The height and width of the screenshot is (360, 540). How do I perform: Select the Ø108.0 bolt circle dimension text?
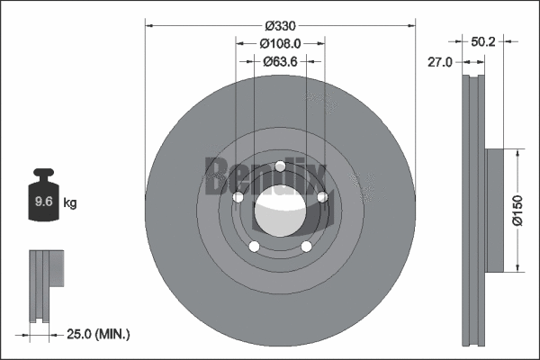tap(280, 44)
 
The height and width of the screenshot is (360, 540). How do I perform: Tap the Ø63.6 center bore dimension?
tap(280, 62)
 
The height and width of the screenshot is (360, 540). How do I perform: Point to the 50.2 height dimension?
tap(484, 41)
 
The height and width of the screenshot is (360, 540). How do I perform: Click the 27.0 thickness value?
tap(440, 63)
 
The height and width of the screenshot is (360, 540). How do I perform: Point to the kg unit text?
tap(70, 203)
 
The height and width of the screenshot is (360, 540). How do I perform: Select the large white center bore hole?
tap(280, 212)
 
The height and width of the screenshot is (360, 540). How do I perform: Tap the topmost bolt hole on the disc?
tap(280, 166)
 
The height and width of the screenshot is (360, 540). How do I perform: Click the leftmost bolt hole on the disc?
tap(238, 198)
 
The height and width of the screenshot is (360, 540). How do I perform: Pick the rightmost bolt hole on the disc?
tap(321, 197)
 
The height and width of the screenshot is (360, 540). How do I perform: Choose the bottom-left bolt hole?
tap(254, 246)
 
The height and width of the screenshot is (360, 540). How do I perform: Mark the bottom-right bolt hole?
tap(306, 246)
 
